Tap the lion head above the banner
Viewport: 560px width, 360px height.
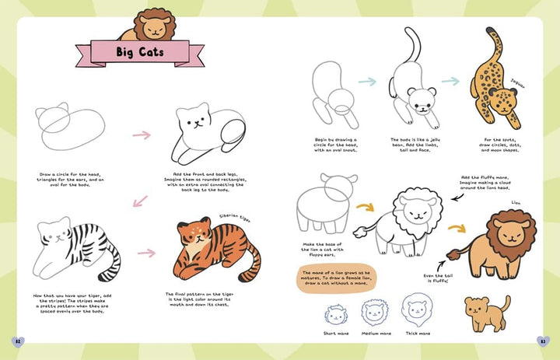(153, 25)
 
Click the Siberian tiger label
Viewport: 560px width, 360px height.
(233, 218)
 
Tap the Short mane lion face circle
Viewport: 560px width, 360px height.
(335, 315)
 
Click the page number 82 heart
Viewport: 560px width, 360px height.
(18, 340)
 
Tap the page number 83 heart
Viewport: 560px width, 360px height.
(542, 340)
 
